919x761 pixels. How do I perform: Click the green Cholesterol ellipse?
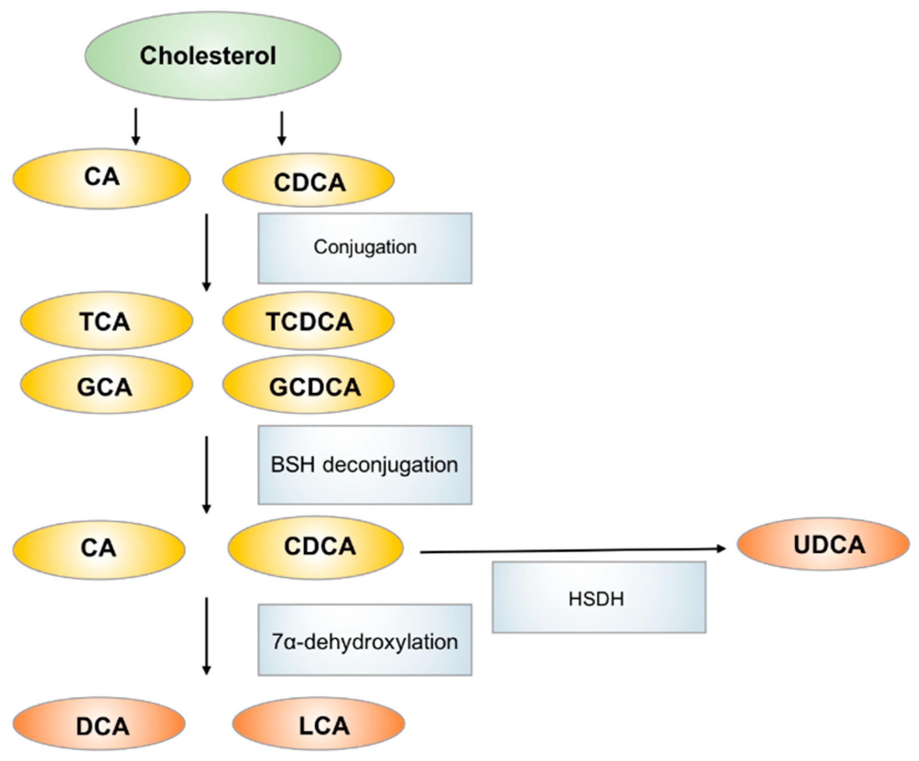coord(213,55)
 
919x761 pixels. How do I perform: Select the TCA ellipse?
coord(106,321)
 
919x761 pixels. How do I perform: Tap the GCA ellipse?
coord(106,386)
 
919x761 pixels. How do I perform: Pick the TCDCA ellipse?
coord(308,321)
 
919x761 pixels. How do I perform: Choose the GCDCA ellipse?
coord(308,386)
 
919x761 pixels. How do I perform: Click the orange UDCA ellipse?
coord(823,544)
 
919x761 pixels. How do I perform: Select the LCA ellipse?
coord(319,724)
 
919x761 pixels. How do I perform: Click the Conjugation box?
coord(365,248)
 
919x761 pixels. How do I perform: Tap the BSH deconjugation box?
coord(365,465)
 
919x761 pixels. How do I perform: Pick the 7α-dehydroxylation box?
coord(365,640)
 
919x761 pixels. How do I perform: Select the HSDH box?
coord(599,598)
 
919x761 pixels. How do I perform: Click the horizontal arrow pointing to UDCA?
coord(573,550)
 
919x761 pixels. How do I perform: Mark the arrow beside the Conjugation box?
coord(207,252)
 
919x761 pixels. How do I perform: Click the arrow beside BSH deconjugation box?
coord(207,474)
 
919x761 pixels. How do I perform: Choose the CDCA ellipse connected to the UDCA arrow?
coord(316,546)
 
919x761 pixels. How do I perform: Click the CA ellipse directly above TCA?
coord(101,178)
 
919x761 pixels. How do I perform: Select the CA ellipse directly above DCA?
coord(98,547)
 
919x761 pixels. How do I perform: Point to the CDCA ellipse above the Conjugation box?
coord(308,181)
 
